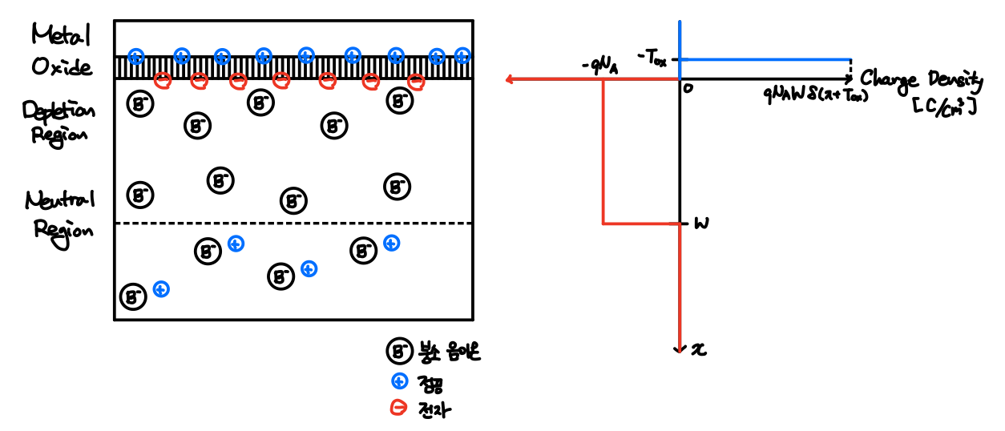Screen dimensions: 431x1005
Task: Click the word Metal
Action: pos(62,35)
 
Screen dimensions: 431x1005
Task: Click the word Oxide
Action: pos(62,66)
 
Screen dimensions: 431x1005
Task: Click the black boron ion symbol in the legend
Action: pos(398,350)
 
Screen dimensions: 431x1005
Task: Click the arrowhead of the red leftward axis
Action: pos(511,79)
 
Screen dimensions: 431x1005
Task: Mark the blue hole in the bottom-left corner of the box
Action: pos(161,288)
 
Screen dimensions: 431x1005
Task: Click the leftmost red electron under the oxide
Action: pos(163,79)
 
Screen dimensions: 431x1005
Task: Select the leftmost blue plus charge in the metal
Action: pos(136,56)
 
